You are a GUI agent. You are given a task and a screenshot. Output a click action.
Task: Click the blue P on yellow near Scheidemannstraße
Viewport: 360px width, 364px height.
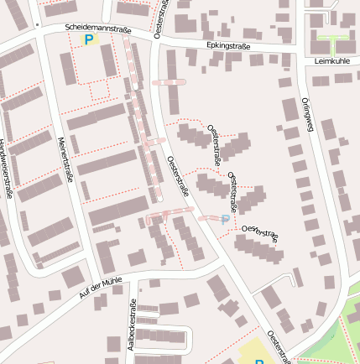tap(87, 39)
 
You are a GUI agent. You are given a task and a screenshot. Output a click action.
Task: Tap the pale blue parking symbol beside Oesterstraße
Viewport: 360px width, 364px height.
tap(224, 219)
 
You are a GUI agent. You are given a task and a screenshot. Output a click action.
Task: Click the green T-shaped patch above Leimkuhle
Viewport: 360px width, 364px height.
tap(332, 42)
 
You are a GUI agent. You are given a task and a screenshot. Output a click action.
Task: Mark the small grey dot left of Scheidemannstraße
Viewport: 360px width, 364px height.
tap(36, 26)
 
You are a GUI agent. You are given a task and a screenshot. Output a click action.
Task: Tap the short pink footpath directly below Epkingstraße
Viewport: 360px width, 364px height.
tap(170, 82)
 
